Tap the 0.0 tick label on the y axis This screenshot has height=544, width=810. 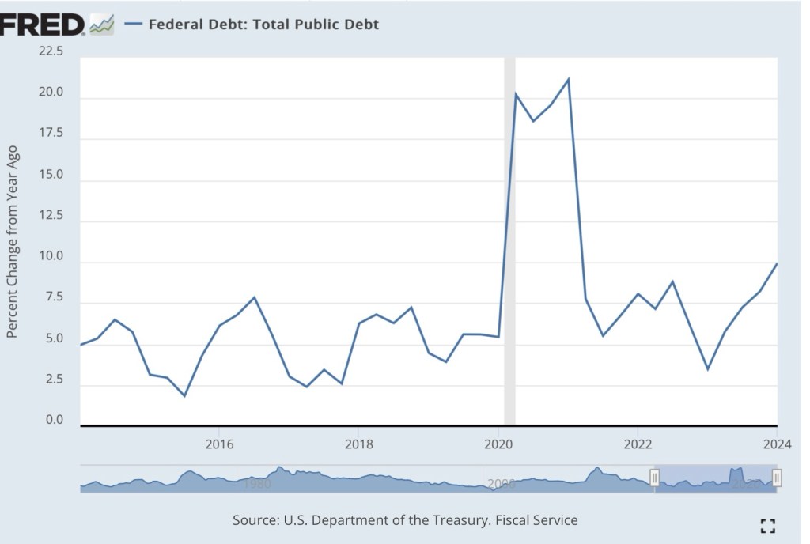(x=55, y=420)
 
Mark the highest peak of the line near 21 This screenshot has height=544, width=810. (x=568, y=79)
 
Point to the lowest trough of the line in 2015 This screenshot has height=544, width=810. (x=184, y=395)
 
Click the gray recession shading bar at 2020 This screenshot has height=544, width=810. (x=509, y=237)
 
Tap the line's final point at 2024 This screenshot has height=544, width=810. (x=777, y=264)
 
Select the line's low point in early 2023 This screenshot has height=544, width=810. (x=707, y=369)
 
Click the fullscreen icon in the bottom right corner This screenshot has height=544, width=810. (x=766, y=526)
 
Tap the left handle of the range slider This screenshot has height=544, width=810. (x=654, y=478)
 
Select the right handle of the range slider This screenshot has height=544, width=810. (x=777, y=478)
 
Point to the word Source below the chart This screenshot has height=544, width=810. (x=254, y=520)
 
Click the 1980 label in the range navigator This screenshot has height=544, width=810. (x=258, y=483)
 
